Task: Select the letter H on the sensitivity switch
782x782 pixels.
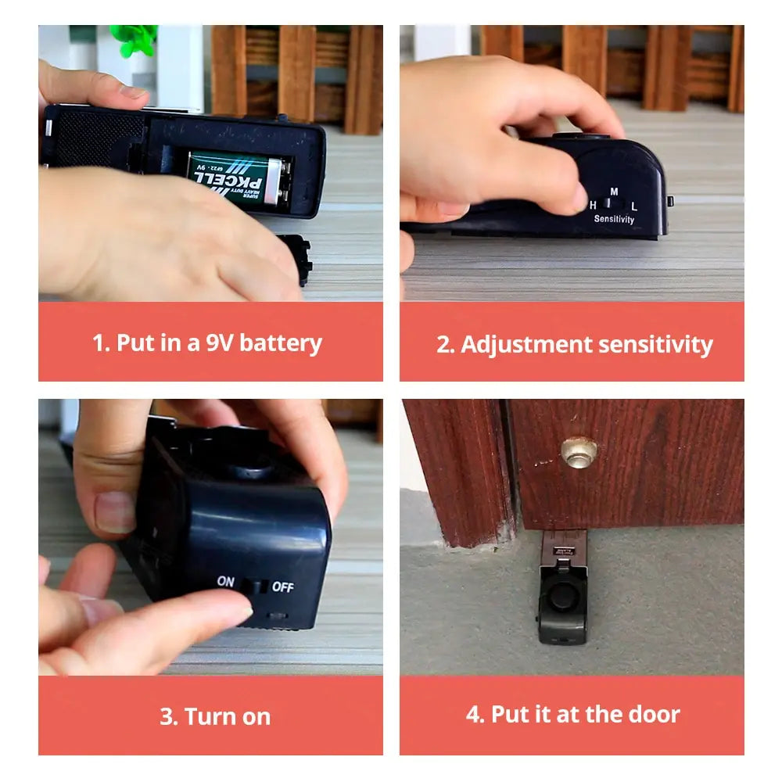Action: (x=594, y=205)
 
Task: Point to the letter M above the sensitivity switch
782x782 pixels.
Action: (x=614, y=192)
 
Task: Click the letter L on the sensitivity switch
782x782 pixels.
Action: (x=634, y=206)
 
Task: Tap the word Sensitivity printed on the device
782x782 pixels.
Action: (x=614, y=220)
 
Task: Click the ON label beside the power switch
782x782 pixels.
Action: (x=226, y=582)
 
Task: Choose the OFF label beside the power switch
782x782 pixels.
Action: (x=282, y=586)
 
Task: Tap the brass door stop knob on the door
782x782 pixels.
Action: (x=579, y=451)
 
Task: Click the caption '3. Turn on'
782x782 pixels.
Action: (x=215, y=716)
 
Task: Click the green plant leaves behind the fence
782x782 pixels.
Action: (x=135, y=38)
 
